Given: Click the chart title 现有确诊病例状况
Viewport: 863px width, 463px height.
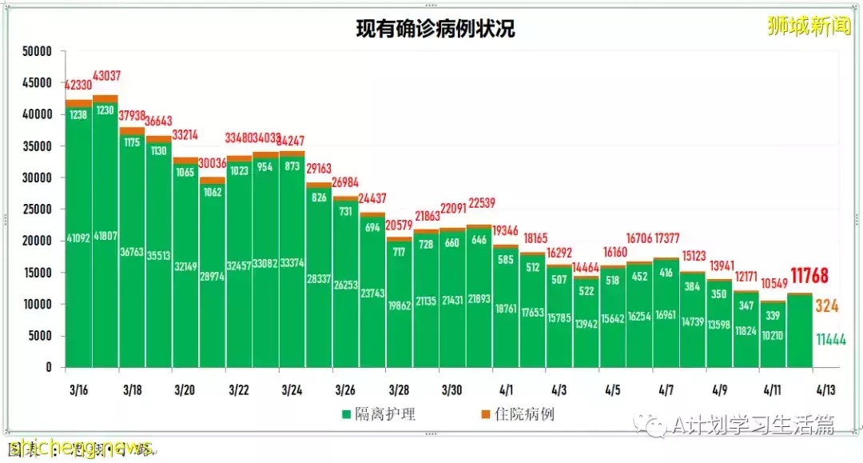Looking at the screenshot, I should [x=435, y=30].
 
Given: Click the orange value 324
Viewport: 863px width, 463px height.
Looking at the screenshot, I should [x=826, y=305].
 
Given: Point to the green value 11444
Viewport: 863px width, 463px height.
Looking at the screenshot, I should [x=831, y=340].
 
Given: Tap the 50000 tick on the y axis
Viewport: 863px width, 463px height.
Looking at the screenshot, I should [x=36, y=52].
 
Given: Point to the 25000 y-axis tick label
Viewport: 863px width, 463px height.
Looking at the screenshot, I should [x=36, y=210].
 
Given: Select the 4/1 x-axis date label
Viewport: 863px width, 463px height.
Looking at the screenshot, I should [x=506, y=390].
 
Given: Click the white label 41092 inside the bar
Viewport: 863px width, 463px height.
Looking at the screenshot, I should [x=78, y=237].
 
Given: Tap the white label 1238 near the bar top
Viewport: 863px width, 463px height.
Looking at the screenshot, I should [x=78, y=115].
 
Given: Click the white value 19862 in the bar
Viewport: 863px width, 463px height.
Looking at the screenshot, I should [x=398, y=305].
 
